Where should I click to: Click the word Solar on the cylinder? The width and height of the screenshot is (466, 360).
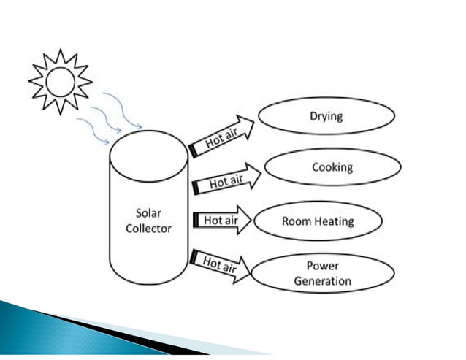pyautogui.click(x=148, y=214)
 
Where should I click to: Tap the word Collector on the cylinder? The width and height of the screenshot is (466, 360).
pyautogui.click(x=148, y=228)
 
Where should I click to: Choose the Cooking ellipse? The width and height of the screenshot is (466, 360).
pyautogui.click(x=332, y=167)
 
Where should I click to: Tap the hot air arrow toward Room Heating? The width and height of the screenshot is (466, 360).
pyautogui.click(x=221, y=220)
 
